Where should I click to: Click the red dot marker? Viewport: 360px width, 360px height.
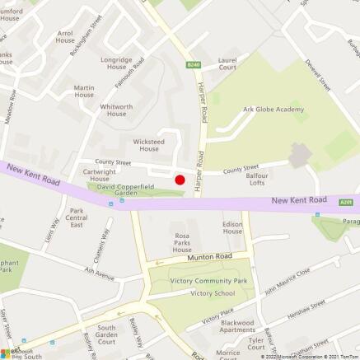pyautogui.click(x=180, y=179)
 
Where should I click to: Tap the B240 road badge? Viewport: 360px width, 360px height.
pyautogui.click(x=193, y=64)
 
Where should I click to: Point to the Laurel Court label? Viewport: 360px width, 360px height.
pyautogui.click(x=227, y=64)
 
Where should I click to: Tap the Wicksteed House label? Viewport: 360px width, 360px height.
pyautogui.click(x=149, y=144)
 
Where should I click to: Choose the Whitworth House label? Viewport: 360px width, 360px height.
pyautogui.click(x=116, y=110)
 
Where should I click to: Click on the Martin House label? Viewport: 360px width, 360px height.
pyautogui.click(x=84, y=91)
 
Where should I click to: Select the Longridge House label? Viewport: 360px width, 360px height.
pyautogui.click(x=116, y=63)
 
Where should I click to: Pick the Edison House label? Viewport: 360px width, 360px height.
pyautogui.click(x=233, y=227)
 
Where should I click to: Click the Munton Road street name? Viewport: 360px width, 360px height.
pyautogui.click(x=205, y=258)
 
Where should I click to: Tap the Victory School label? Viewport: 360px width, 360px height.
pyautogui.click(x=213, y=293)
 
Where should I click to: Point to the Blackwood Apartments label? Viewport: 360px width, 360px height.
pyautogui.click(x=238, y=325)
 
